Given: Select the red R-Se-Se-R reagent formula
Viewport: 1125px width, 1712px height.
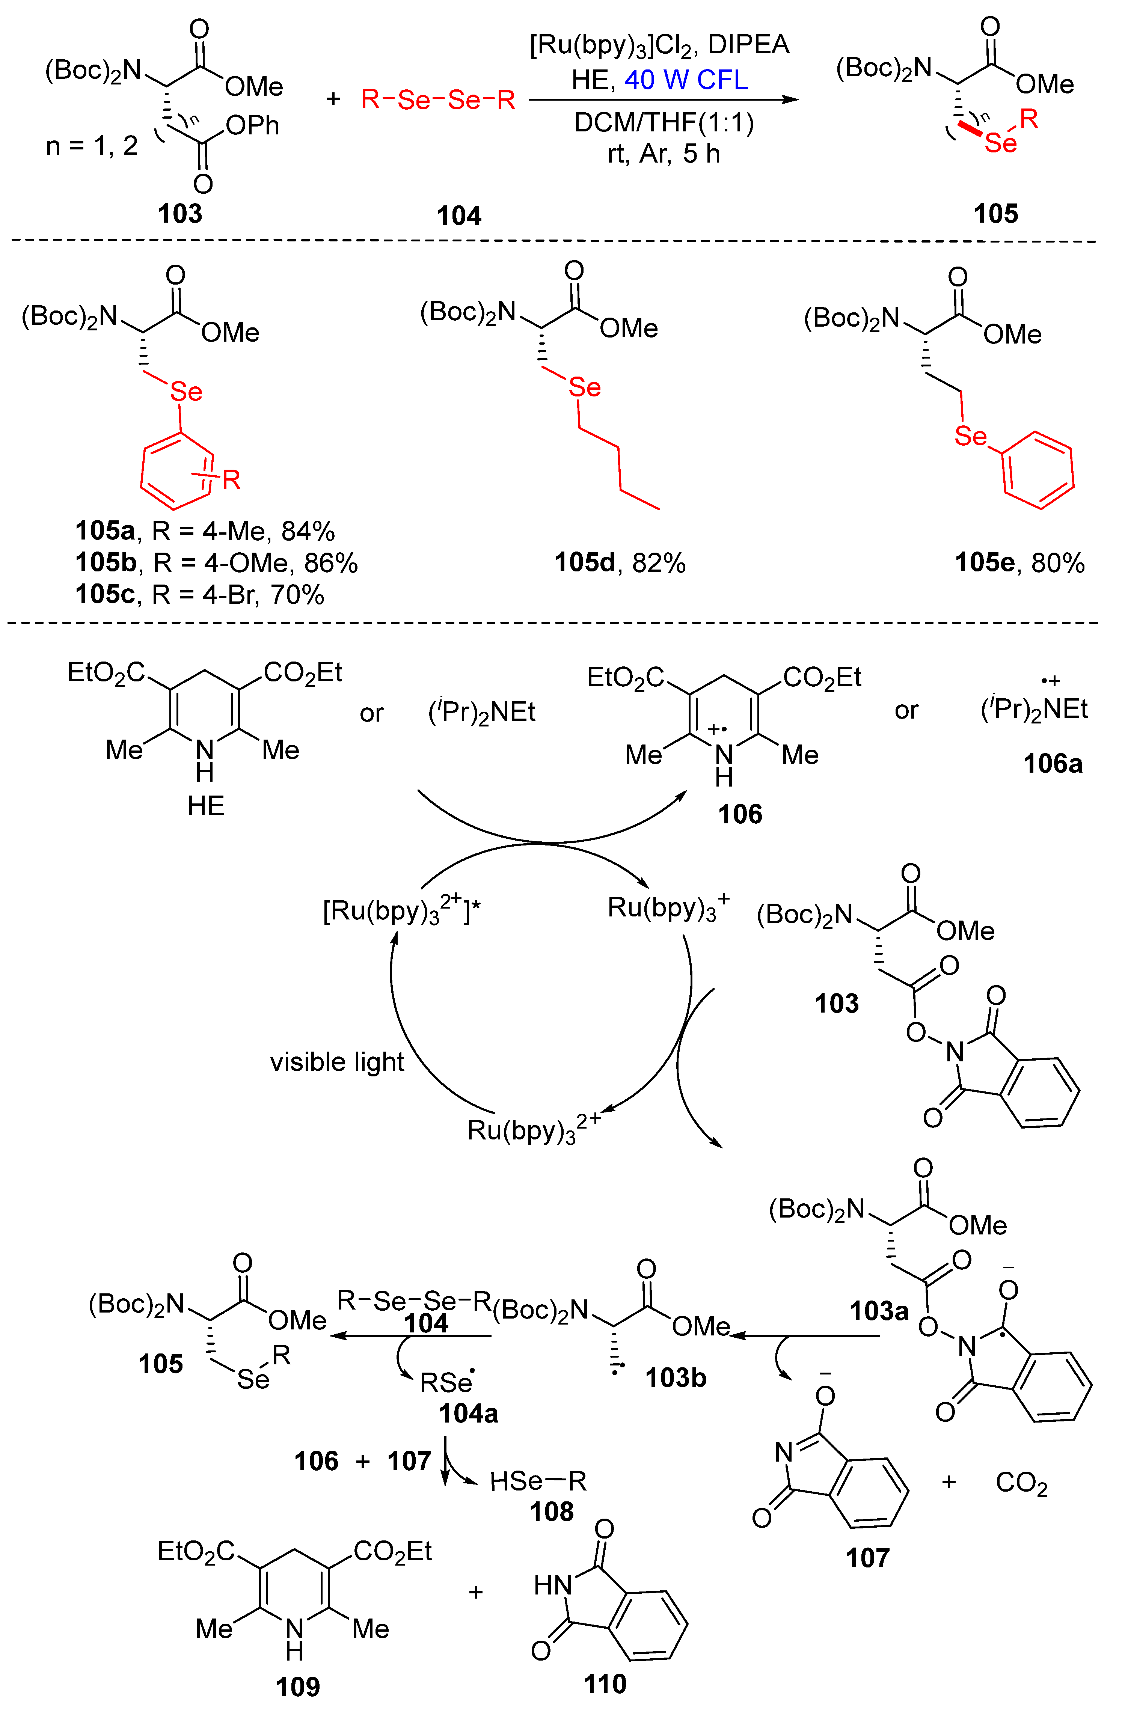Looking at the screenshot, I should (438, 100).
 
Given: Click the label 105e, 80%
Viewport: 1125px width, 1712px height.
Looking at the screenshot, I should (1019, 562).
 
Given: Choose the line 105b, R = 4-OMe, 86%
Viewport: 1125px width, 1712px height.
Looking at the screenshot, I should (216, 562).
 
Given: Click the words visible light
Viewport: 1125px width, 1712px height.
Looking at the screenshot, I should (337, 1062).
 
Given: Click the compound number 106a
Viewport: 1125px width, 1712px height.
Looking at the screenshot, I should (1053, 763).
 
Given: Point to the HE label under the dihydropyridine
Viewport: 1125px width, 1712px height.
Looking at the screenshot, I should (206, 806).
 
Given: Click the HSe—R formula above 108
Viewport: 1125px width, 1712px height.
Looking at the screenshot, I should (538, 1481).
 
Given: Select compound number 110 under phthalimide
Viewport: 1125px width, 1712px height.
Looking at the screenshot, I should (605, 1684).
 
